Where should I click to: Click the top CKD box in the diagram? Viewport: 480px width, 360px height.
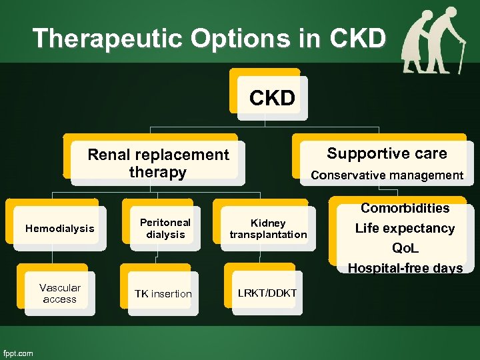click(x=271, y=99)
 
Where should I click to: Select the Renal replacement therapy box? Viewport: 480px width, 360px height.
click(x=158, y=163)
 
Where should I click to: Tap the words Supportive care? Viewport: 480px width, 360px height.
click(x=387, y=154)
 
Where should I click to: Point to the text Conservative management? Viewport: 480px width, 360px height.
click(x=387, y=175)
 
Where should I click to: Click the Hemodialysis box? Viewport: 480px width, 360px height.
click(x=59, y=229)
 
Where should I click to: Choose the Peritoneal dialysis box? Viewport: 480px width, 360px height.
click(x=165, y=228)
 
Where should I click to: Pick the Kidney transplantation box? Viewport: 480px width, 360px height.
click(x=268, y=229)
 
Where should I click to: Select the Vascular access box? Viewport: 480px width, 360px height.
click(x=59, y=293)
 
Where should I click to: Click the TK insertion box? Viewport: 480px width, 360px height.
click(x=163, y=294)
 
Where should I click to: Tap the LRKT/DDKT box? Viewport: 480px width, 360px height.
click(x=267, y=293)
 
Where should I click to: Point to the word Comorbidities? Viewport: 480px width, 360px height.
click(x=405, y=208)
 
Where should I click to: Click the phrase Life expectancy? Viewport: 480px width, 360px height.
click(x=405, y=228)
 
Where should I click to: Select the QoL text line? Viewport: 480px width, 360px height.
click(x=405, y=248)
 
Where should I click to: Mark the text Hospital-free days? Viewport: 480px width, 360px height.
click(x=405, y=268)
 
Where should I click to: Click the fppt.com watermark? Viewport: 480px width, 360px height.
click(x=18, y=353)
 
